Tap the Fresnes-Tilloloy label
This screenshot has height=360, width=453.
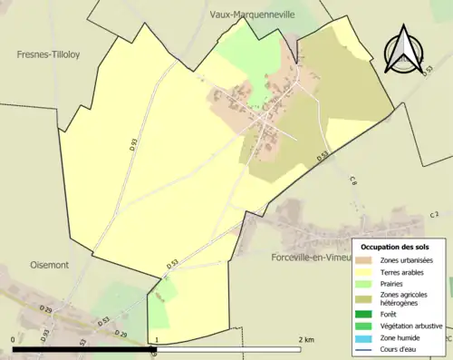click(x=48, y=54)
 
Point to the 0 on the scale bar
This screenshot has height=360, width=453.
click(x=13, y=339)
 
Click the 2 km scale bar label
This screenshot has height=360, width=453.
click(x=305, y=339)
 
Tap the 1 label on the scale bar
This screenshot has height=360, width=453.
click(x=156, y=339)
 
